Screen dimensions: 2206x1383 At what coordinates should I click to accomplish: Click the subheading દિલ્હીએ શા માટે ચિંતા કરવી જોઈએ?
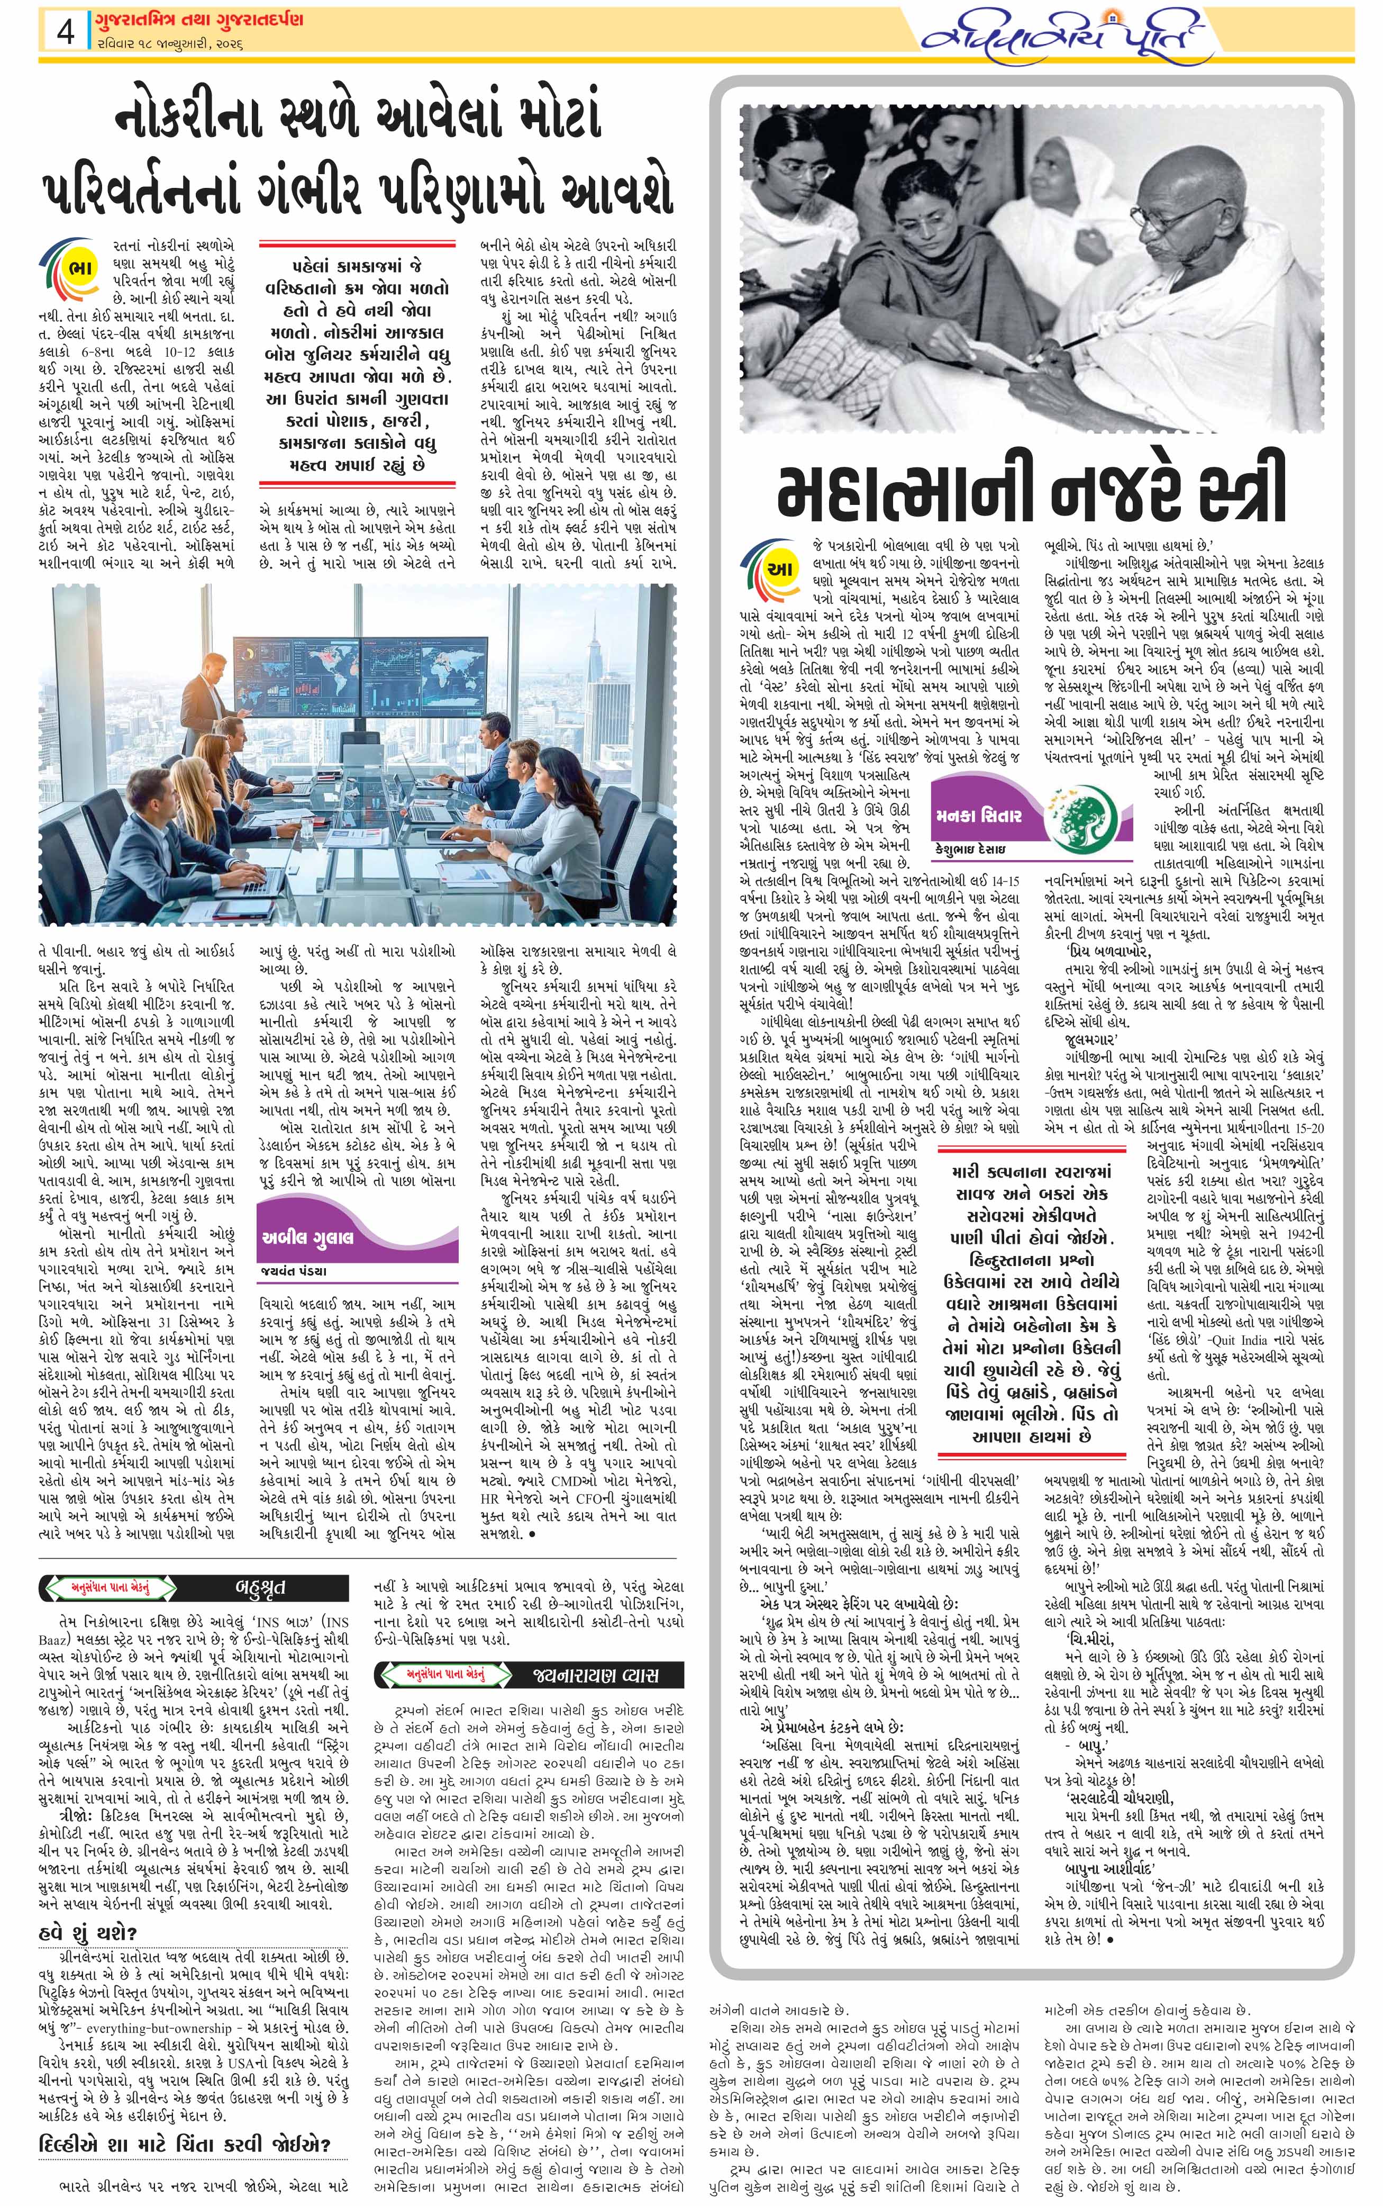[184, 2144]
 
